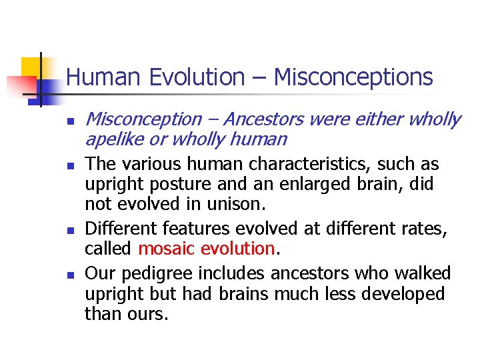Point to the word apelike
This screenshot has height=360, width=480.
click(x=115, y=139)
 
